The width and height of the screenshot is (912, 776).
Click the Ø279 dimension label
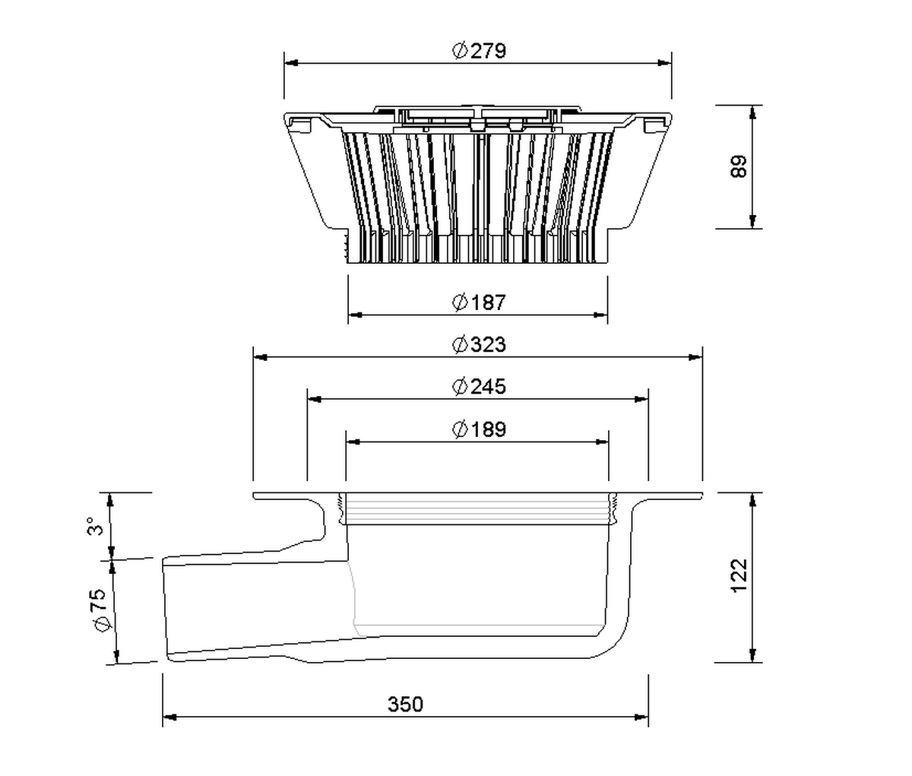pos(479,51)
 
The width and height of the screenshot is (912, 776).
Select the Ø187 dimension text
pos(479,302)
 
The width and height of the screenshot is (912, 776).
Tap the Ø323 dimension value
pos(479,344)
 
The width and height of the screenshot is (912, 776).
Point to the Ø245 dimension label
pos(479,387)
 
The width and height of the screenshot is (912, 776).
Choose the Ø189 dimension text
pos(479,429)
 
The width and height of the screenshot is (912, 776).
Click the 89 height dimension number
pos(739,166)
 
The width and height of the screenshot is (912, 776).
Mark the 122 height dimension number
pos(739,576)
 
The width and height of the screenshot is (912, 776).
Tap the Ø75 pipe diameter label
pos(100,610)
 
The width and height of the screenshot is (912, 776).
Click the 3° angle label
pos(96,526)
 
